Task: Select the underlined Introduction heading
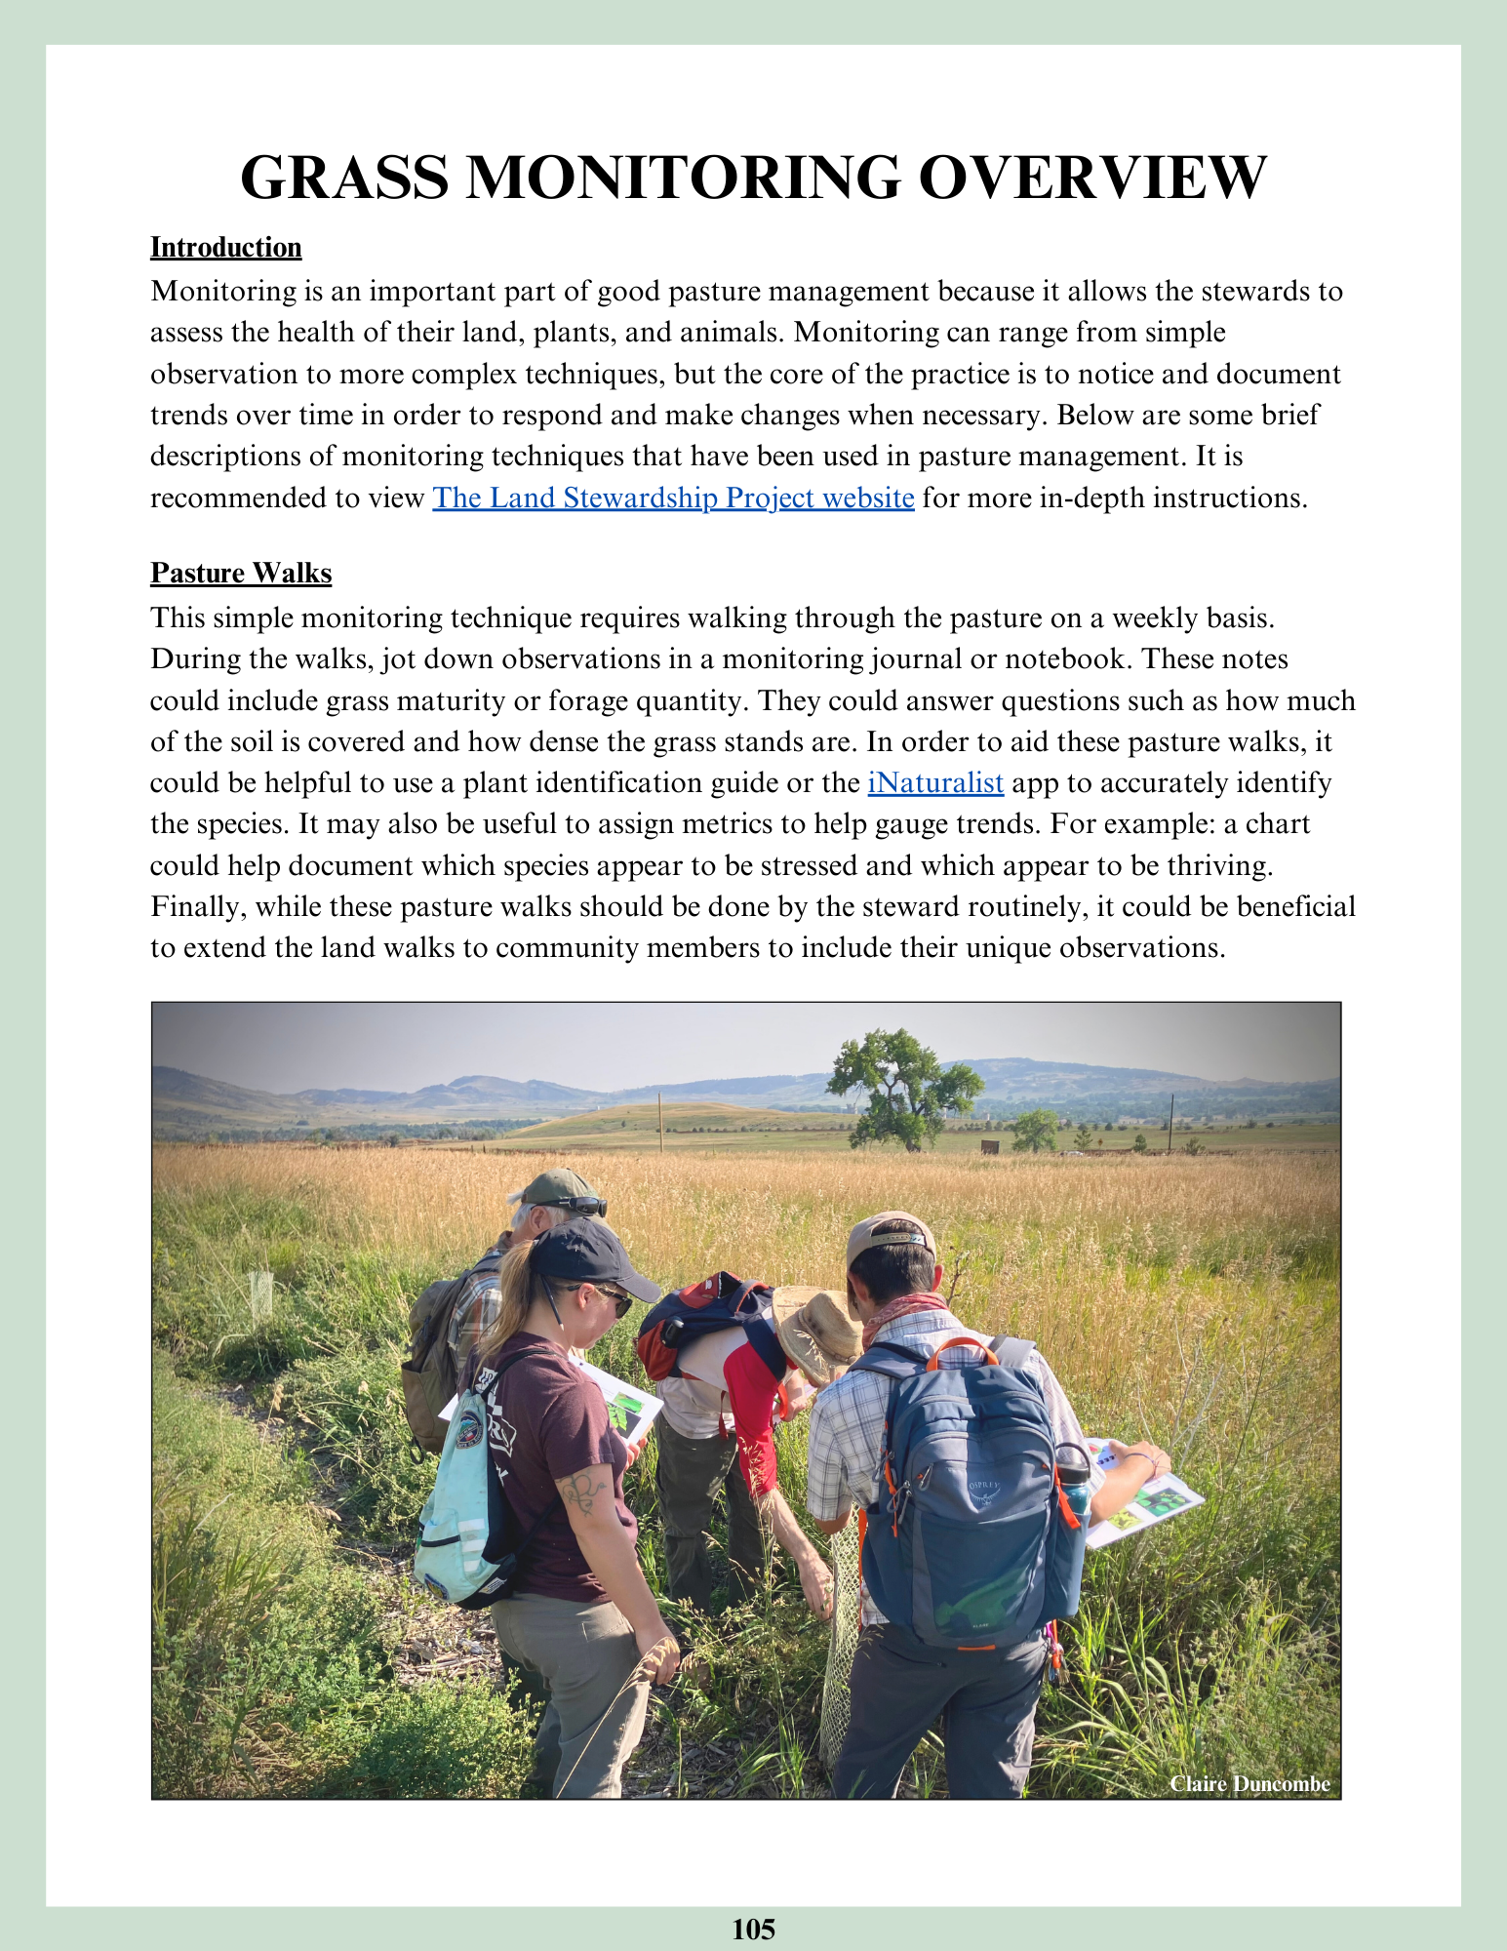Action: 225,248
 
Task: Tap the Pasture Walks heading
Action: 241,573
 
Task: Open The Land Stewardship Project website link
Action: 673,498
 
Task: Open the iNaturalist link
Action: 935,783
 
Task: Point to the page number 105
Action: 753,1929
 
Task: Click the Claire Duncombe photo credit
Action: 1249,1783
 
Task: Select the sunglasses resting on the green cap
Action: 575,1206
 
